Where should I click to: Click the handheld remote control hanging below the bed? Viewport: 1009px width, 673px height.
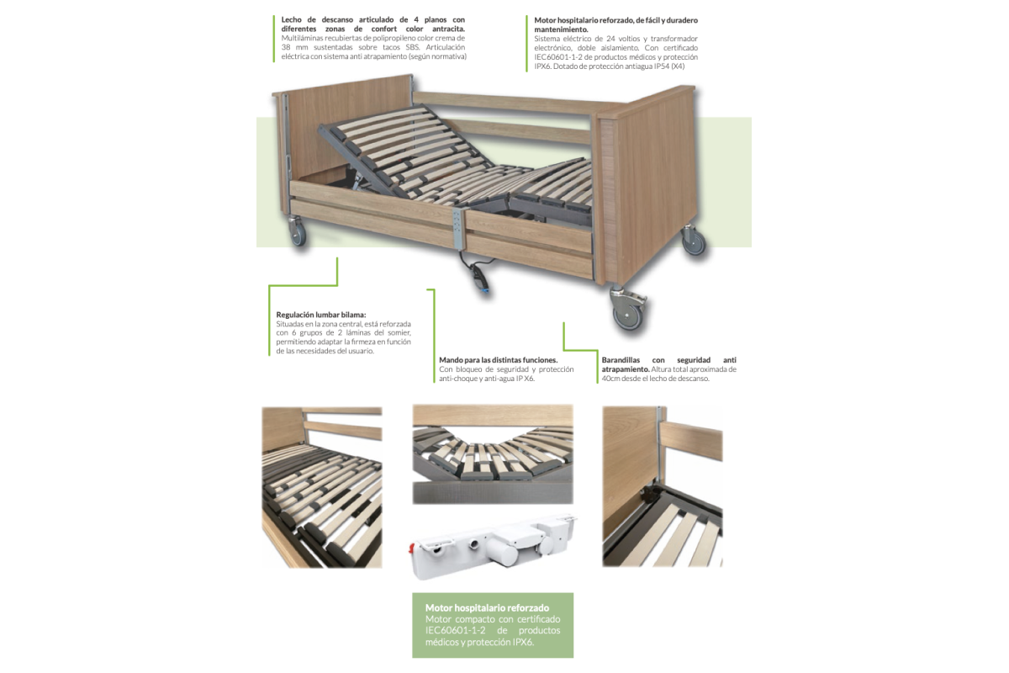(x=478, y=279)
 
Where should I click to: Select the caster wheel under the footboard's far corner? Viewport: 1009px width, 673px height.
(x=693, y=241)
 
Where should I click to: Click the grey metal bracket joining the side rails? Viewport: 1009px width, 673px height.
(x=458, y=229)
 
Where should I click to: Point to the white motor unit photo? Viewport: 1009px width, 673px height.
(x=494, y=547)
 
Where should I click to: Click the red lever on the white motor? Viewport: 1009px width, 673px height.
(x=411, y=548)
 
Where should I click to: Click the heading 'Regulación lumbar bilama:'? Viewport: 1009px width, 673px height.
(x=321, y=315)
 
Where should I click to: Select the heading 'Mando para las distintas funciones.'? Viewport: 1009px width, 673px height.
(x=498, y=360)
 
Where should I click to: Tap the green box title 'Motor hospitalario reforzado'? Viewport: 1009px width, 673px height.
(x=488, y=607)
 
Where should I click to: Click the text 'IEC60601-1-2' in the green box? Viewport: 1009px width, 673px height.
(x=456, y=630)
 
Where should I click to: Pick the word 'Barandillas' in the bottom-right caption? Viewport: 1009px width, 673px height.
(x=621, y=360)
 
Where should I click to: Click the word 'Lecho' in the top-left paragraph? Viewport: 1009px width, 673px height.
(x=292, y=19)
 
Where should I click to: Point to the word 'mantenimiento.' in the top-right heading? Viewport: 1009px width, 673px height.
(x=562, y=29)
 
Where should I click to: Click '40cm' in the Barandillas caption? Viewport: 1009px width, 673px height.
(x=611, y=379)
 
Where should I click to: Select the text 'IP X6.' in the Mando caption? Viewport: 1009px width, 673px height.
(x=526, y=379)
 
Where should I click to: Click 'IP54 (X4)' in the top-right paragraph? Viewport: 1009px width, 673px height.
(x=668, y=66)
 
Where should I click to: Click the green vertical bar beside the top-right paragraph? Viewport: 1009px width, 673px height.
(x=526, y=43)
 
